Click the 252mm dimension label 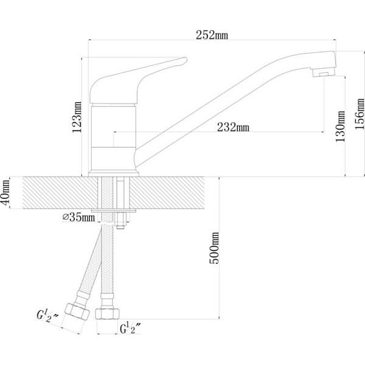pyautogui.click(x=212, y=35)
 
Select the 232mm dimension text pyautogui.click(x=234, y=127)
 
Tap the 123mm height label pyautogui.click(x=77, y=117)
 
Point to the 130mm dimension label pyautogui.click(x=340, y=127)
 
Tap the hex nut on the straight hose pyautogui.click(x=107, y=312)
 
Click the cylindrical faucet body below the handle pyautogui.click(x=113, y=137)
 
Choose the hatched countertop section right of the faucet pyautogui.click(x=173, y=192)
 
